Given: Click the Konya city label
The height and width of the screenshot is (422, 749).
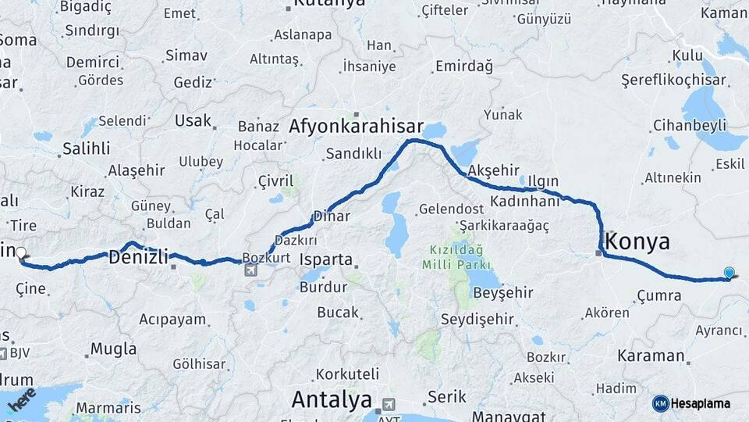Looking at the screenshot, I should [637, 241].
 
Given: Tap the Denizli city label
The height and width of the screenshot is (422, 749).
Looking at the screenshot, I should [139, 256].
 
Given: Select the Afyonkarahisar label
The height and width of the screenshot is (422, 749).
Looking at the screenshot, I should [356, 127].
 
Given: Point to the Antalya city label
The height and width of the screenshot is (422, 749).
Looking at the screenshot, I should [332, 400].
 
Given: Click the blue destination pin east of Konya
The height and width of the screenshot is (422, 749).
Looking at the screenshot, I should [729, 273].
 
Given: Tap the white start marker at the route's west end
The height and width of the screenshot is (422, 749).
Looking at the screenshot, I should [21, 253].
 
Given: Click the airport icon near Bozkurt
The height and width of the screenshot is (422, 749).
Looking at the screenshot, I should [250, 270].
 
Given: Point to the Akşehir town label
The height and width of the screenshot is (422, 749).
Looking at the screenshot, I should [493, 171].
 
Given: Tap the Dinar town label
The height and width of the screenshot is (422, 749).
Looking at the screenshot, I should [331, 216].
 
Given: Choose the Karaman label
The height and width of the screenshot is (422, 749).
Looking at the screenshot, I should [650, 356].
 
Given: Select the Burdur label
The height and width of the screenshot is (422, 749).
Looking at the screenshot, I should [323, 287].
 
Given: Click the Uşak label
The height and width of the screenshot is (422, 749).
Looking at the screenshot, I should [193, 121].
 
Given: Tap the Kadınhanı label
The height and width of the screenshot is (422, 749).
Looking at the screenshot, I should [525, 201].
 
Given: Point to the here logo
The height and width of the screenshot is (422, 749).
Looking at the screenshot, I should [21, 399].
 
